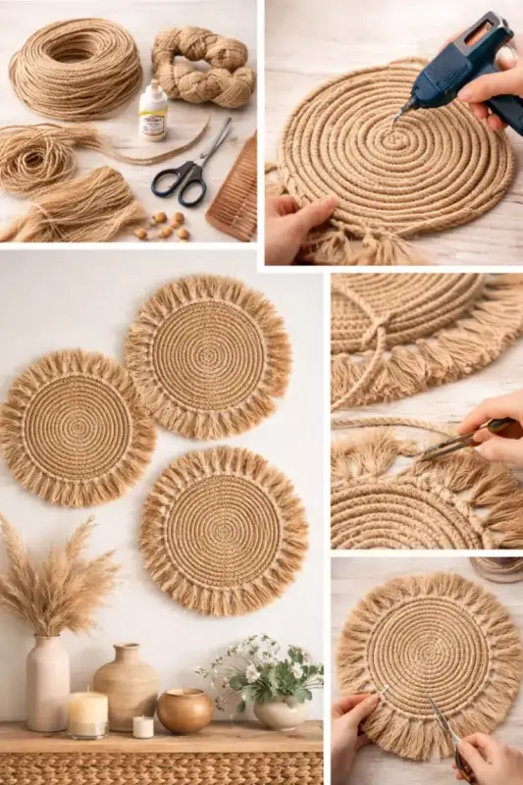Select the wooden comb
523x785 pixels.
pos(234,190)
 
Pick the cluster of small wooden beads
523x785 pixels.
pos(162,223)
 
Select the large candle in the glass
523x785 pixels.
pos(87,713)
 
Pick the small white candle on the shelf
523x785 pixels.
pos(143,726)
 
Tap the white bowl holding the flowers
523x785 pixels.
pos(280,713)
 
